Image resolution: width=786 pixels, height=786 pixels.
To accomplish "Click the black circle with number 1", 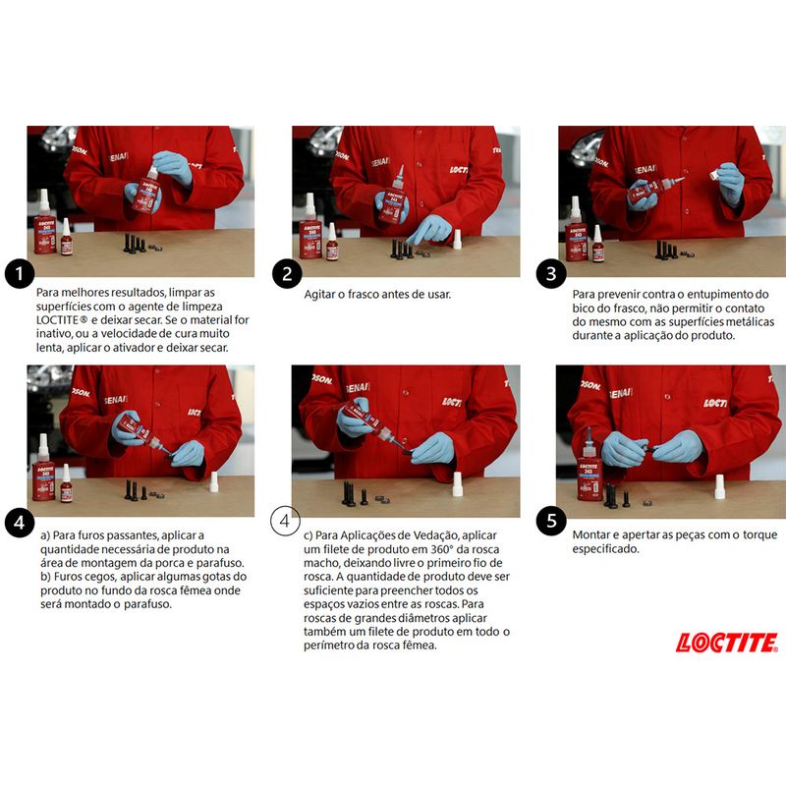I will (20, 274).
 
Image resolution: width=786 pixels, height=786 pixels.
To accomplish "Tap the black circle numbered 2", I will (286, 274).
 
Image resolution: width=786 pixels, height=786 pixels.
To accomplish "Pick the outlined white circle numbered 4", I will (286, 520).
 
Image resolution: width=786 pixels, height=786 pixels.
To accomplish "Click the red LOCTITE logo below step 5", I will (726, 643).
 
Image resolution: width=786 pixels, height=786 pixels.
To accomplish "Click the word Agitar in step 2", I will (323, 294).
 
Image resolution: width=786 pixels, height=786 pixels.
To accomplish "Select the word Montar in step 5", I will (593, 534).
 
